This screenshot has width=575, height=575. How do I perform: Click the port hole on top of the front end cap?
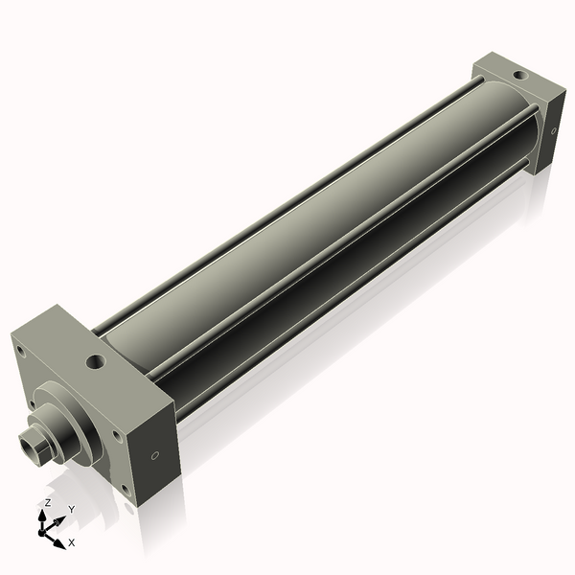pyautogui.click(x=96, y=362)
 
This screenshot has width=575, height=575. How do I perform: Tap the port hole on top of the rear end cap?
pyautogui.click(x=517, y=73)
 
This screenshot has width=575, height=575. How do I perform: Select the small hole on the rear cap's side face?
pyautogui.click(x=553, y=132)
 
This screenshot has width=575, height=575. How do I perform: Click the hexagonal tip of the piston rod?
pyautogui.click(x=31, y=447)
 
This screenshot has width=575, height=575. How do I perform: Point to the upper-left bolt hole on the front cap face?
pyautogui.click(x=18, y=351)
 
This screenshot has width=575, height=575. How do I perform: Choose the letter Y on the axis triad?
pyautogui.click(x=71, y=509)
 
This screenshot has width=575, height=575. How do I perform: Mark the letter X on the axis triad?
pyautogui.click(x=73, y=543)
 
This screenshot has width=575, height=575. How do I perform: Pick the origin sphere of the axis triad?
pyautogui.click(x=44, y=528)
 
